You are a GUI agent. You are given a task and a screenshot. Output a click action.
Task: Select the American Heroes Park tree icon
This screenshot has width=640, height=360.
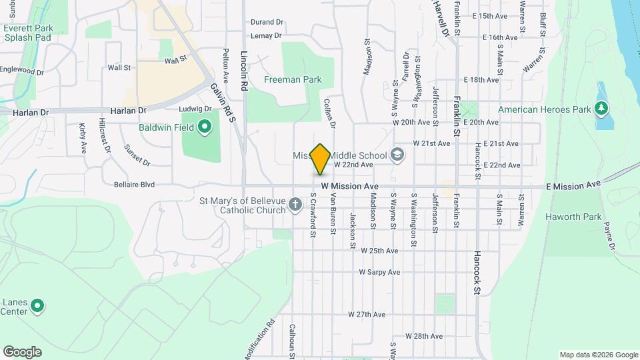click(601, 108)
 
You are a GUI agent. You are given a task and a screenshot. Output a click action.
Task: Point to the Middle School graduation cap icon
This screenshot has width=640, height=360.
click(397, 155)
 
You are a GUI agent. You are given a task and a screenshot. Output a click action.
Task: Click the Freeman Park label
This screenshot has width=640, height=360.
click(293, 79)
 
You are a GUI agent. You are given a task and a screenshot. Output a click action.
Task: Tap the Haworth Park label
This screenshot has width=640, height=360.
click(573, 217)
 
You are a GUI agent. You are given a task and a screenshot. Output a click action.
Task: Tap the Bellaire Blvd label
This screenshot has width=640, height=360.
click(134, 184)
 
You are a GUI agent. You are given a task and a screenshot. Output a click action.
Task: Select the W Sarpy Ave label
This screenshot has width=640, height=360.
click(379, 272)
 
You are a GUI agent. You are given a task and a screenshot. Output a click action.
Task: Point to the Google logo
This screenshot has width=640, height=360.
click(22, 351)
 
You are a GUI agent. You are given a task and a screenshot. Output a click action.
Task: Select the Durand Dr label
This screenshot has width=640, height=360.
click(267, 22)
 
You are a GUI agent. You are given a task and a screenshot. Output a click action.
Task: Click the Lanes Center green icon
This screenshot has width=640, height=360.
click(38, 306)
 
